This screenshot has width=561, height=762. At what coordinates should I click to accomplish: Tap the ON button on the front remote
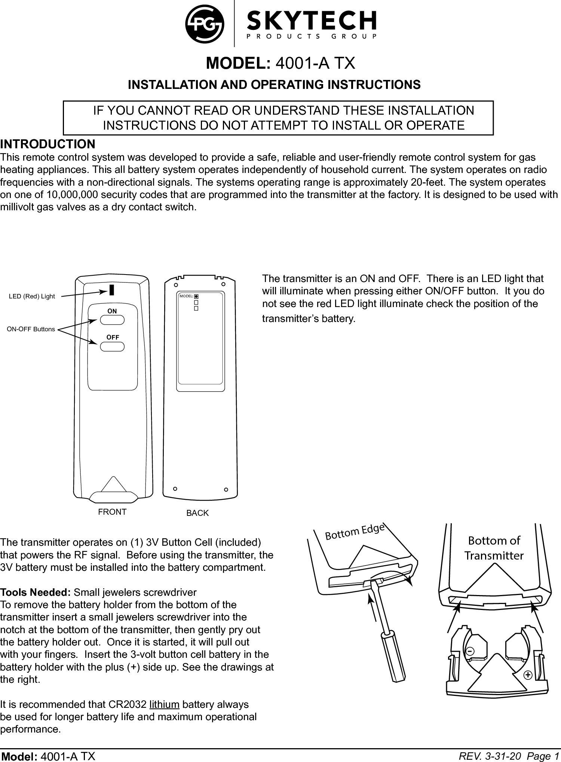[x=112, y=320]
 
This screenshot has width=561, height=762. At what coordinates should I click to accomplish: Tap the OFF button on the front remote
[x=112, y=346]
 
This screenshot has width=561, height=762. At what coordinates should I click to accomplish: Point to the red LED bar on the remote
[x=112, y=290]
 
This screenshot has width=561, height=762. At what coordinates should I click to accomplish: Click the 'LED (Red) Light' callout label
[x=32, y=296]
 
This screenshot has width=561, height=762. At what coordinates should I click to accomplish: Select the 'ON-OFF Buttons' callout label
[x=31, y=329]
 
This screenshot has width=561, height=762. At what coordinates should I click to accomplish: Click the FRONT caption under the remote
[x=112, y=512]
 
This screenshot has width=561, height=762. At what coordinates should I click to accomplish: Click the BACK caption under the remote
[x=197, y=513]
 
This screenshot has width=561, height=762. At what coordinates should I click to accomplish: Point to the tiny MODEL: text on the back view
[x=186, y=296]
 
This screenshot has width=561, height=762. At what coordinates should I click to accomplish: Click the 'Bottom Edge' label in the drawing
[x=355, y=532]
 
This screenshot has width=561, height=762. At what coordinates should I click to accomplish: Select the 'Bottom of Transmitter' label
[x=494, y=548]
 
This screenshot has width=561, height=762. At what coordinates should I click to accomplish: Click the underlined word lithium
[x=164, y=704]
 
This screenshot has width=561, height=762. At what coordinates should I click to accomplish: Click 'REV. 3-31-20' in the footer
[x=490, y=756]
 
